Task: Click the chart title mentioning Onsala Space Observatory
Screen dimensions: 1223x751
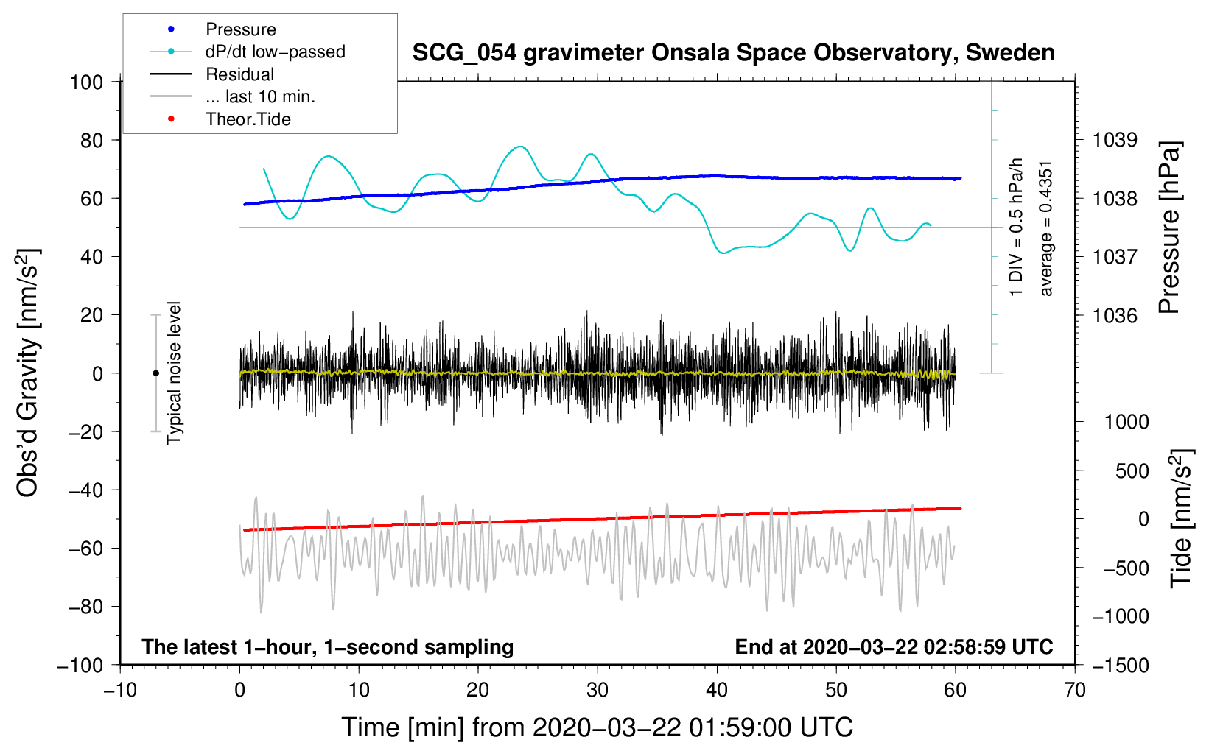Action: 733,53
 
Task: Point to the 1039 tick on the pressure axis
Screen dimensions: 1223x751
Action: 1115,141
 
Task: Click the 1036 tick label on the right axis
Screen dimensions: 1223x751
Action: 1115,315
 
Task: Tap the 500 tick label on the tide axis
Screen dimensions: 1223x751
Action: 1132,470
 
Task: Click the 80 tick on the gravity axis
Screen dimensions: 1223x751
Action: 91,141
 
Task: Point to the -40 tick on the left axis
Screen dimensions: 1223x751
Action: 85,490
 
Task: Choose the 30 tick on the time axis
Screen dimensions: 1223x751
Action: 598,691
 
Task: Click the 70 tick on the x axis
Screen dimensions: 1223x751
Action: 1074,691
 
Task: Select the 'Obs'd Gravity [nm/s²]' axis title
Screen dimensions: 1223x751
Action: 27,373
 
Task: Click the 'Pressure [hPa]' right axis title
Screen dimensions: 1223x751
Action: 1169,228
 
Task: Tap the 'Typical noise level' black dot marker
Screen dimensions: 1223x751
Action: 155,373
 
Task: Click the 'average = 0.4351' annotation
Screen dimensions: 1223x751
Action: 1045,229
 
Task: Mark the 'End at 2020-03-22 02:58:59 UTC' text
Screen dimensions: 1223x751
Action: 894,646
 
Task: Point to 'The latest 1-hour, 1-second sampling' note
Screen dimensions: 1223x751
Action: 328,647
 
